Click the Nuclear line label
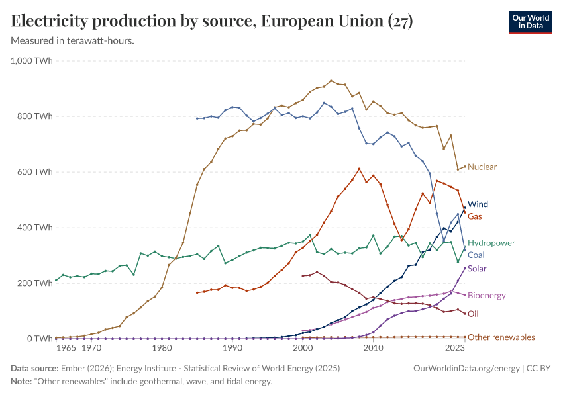[482, 167]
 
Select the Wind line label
[478, 204]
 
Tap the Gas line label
[475, 216]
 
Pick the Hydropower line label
[491, 243]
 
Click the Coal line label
[476, 255]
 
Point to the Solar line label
[477, 269]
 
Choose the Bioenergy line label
[486, 295]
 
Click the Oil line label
[473, 314]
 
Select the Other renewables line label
[501, 337]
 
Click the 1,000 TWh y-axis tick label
[32, 61]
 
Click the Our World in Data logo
[530, 22]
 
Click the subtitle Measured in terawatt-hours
[73, 41]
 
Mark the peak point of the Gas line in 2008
[359, 169]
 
